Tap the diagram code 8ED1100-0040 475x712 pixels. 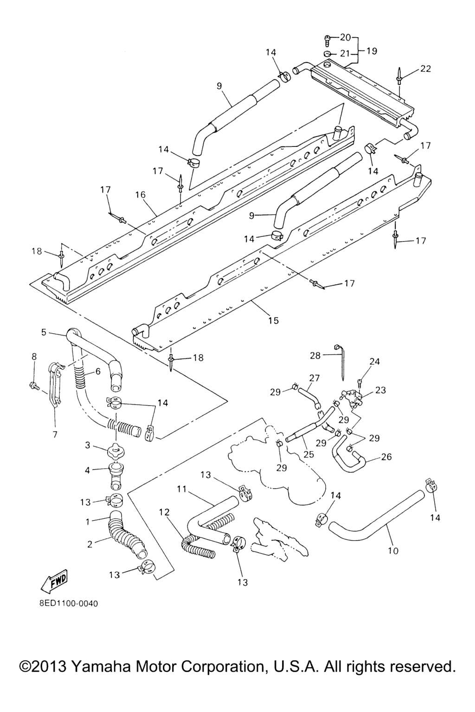[68, 604]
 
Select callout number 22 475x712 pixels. [425, 69]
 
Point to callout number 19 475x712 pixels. [372, 51]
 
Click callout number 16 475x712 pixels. [141, 195]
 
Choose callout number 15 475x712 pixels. [273, 320]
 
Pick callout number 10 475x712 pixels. [393, 551]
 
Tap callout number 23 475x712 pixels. [380, 390]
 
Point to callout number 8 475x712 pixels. [34, 356]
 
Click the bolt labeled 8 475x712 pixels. [34, 385]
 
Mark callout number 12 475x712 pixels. [164, 512]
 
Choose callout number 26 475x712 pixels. [386, 457]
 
